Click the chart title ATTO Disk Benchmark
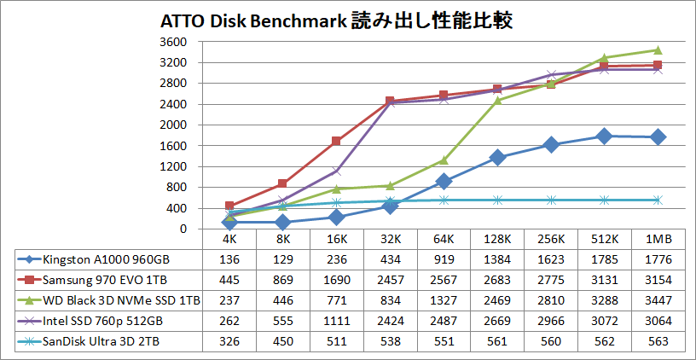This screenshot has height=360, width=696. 338,20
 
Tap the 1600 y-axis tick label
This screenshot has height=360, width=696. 174,146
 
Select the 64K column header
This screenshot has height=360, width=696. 444,240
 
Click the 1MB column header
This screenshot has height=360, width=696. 658,240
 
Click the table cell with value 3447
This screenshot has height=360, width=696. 658,300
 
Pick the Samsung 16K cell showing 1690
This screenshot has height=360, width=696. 336,280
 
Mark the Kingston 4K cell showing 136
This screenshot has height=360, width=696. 229,258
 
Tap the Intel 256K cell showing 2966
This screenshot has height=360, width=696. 551,321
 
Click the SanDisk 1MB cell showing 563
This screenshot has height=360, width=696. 658,341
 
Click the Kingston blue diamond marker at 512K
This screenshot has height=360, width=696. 605,136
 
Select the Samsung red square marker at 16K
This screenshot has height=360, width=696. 336,141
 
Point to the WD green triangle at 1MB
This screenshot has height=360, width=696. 658,49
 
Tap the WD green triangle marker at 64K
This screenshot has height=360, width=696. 444,160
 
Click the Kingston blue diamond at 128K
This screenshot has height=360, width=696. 497,157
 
